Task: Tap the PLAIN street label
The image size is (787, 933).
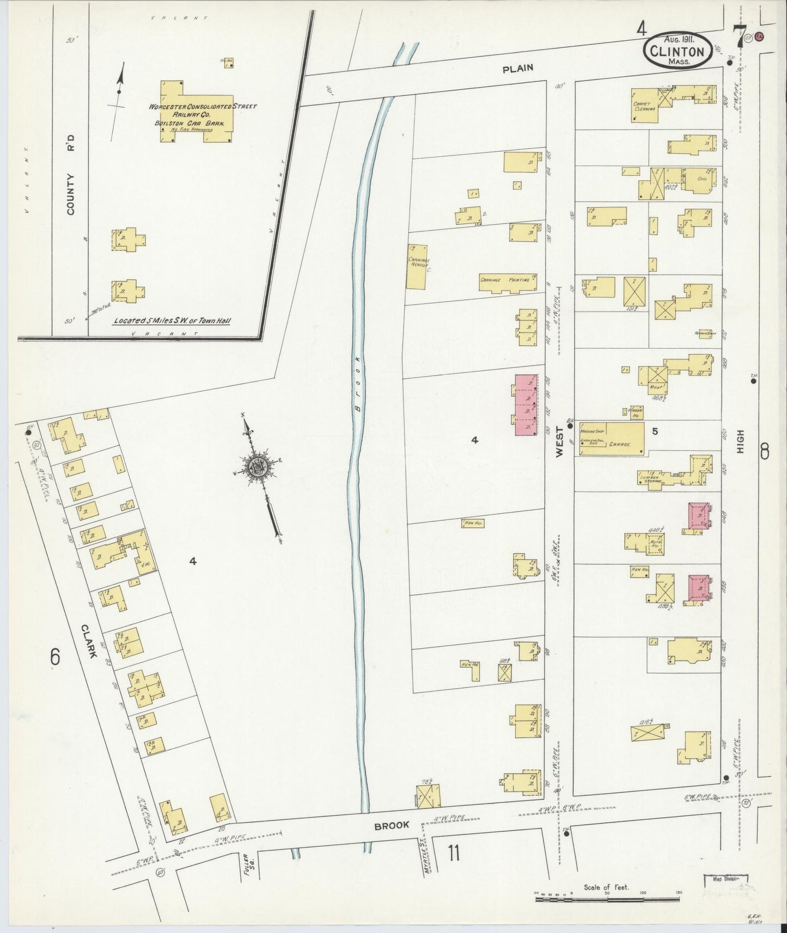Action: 518,69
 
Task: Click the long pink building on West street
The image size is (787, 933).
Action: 526,404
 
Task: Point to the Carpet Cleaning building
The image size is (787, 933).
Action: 646,105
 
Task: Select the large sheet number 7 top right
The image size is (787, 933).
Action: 739,36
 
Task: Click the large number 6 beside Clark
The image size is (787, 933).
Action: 55,658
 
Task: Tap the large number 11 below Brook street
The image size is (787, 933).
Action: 454,854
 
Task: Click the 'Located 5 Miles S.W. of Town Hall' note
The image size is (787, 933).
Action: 172,321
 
